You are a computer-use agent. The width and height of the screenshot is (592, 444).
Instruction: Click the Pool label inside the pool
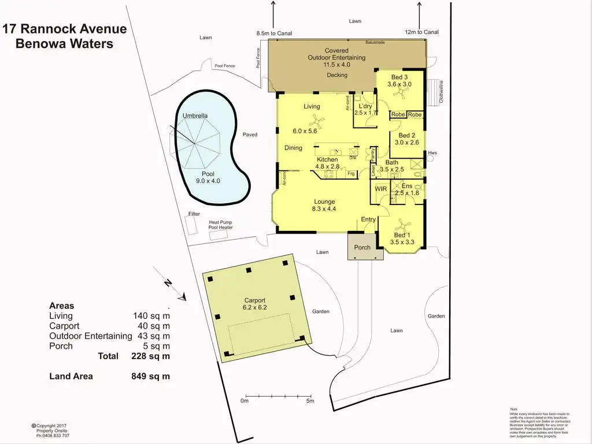[x=208, y=173]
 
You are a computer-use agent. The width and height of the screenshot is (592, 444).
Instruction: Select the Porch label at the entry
[x=362, y=248]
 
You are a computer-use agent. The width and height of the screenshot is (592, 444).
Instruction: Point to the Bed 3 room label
[x=399, y=77]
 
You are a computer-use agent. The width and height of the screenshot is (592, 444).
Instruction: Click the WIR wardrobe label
[x=381, y=189]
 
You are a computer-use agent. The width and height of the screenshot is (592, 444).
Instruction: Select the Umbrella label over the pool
[x=195, y=116]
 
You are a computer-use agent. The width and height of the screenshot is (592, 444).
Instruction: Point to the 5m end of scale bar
[x=310, y=401]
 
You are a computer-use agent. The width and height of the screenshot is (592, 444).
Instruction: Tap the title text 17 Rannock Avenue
[x=65, y=29]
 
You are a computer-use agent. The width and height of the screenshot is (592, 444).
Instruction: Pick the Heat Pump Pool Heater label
[x=221, y=225]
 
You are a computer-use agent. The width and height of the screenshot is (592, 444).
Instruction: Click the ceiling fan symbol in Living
[x=316, y=121]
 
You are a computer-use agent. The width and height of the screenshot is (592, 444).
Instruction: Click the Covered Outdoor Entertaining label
[x=336, y=58]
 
